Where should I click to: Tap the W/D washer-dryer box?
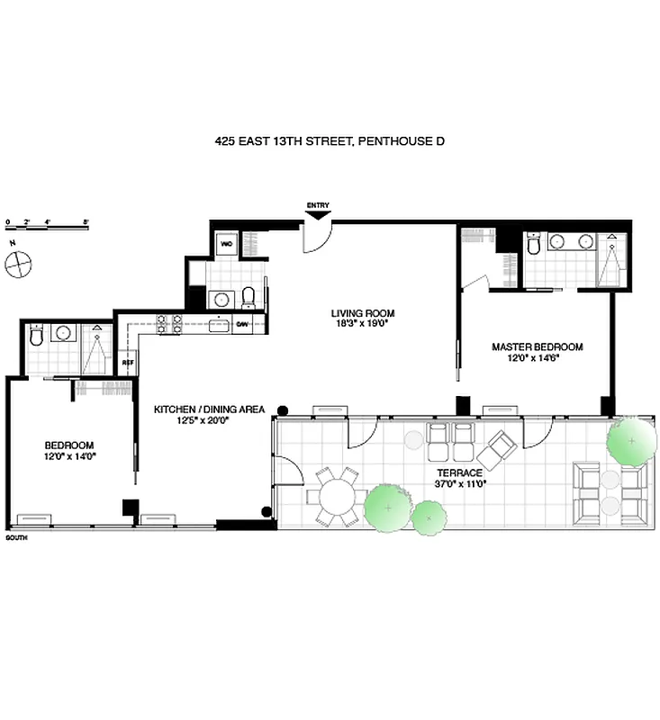click(x=227, y=243)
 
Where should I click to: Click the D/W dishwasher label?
click(x=242, y=324)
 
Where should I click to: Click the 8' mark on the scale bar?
click(x=86, y=220)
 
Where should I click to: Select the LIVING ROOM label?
click(x=362, y=313)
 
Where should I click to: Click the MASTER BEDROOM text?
click(x=537, y=346)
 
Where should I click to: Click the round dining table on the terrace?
click(x=336, y=496)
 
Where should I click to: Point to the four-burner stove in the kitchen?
click(x=169, y=324)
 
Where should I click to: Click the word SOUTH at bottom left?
click(x=17, y=536)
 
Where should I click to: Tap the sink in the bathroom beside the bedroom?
click(x=64, y=334)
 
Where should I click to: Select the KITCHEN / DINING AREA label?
click(x=209, y=409)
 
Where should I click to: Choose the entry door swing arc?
click(x=318, y=237)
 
